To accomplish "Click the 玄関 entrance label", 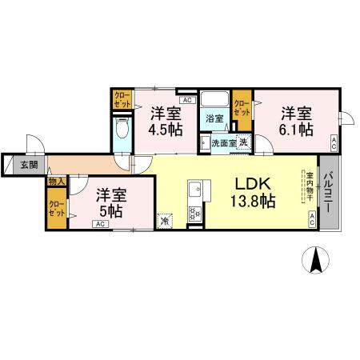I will click(27, 165).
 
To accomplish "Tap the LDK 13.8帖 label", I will click(254, 192).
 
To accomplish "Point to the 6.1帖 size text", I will click(296, 130).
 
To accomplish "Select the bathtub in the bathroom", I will click(215, 101).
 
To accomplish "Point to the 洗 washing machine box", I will click(243, 142).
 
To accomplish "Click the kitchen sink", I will click(194, 193).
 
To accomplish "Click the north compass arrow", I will click(316, 259).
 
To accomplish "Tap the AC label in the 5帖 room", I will click(101, 225).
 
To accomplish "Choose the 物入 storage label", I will click(57, 182).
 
